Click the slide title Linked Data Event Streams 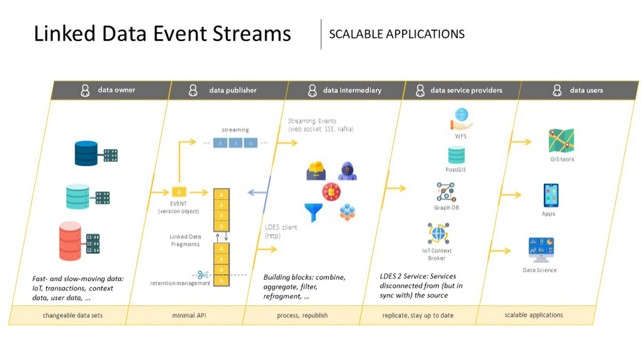click(x=162, y=33)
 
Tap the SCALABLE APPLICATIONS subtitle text click(x=396, y=34)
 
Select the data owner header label click(x=116, y=90)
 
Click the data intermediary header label click(x=352, y=90)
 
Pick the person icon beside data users click(x=557, y=90)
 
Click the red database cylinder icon click(x=71, y=241)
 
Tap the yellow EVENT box click(x=179, y=192)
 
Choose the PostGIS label click(x=455, y=169)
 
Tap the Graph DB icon click(x=446, y=193)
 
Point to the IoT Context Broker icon click(x=438, y=234)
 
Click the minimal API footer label click(x=188, y=315)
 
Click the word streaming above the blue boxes click(x=235, y=130)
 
